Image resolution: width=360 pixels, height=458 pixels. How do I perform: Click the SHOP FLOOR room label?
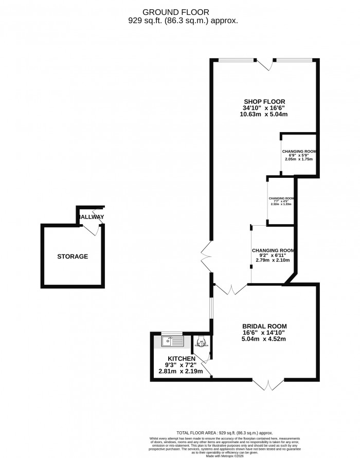264,101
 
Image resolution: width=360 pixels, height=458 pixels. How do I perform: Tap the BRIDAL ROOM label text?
264,326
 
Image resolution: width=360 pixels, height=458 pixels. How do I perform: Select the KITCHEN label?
181,358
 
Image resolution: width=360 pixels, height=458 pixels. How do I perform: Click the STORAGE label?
73,257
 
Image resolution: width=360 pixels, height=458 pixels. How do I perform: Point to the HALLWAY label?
91,217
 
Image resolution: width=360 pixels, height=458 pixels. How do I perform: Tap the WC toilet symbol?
202,342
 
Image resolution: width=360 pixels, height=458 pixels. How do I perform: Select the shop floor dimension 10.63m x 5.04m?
264,115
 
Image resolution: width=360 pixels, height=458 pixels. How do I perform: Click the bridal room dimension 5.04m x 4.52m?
264,339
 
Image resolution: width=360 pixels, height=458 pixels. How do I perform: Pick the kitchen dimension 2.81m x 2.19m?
181,371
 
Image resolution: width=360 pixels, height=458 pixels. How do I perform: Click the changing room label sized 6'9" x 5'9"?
298,152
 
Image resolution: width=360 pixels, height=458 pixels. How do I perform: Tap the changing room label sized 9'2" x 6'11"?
273,251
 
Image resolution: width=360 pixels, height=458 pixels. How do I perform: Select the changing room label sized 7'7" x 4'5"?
281,198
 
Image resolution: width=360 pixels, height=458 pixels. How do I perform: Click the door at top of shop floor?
266,64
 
